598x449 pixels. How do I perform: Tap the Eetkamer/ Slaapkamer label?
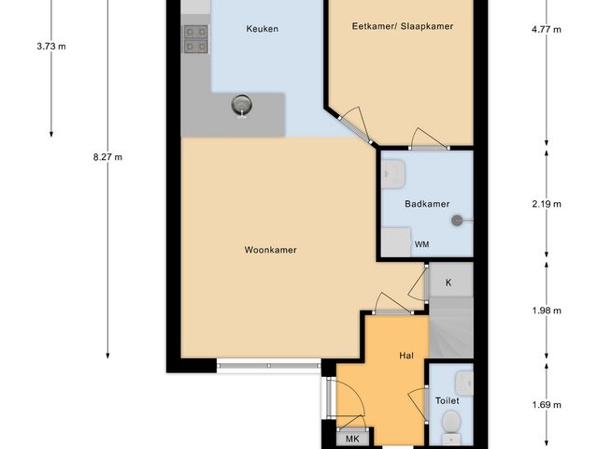(404, 26)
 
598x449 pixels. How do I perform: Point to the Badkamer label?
(427, 203)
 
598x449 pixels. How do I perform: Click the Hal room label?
(406, 355)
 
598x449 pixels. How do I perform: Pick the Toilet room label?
(447, 400)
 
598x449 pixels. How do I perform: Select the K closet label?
(448, 282)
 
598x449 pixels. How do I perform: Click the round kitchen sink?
(243, 106)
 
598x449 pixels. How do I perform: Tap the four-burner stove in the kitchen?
(196, 37)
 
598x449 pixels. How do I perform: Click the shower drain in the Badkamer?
(457, 221)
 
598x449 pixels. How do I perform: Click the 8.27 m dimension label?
(107, 157)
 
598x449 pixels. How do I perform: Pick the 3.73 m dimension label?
(50, 45)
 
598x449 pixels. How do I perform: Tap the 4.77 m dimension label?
(546, 30)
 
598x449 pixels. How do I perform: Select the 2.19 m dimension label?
(546, 203)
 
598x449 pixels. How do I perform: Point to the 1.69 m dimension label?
(546, 405)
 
